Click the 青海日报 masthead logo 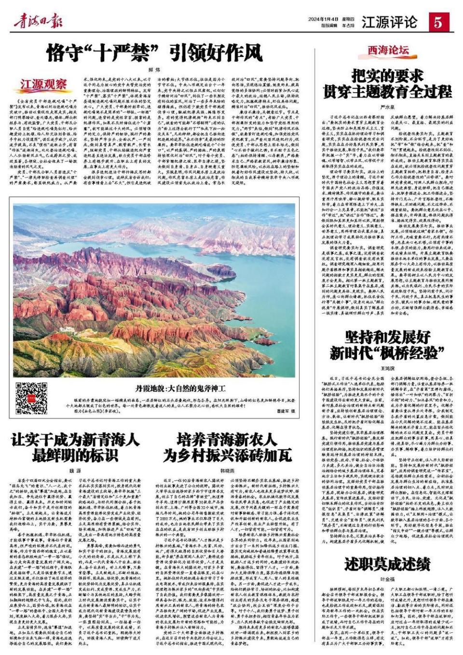[x=38, y=22]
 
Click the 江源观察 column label [x=43, y=84]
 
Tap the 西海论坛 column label [x=389, y=50]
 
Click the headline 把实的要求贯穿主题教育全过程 [x=388, y=83]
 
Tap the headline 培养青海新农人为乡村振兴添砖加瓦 [x=227, y=447]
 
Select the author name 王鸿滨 [x=388, y=368]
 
